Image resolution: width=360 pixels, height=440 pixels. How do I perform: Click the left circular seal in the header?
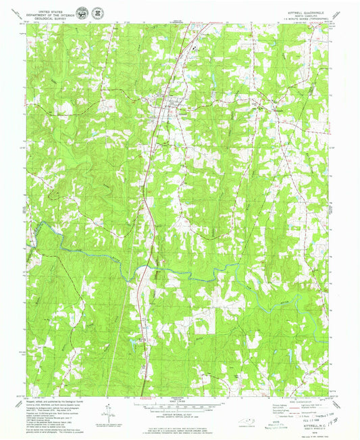pyautogui.click(x=82, y=13)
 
